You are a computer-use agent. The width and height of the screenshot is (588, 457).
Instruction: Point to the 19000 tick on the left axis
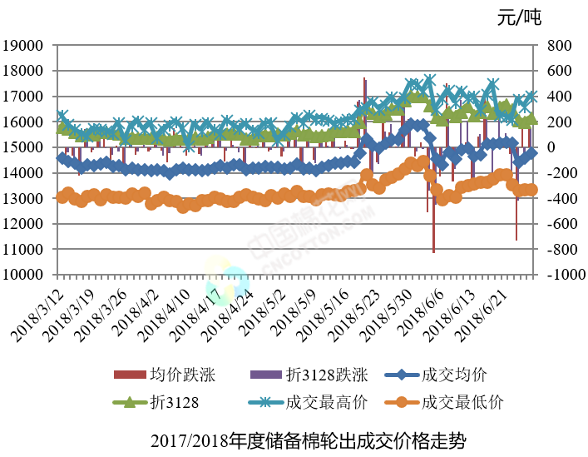pos(28,46)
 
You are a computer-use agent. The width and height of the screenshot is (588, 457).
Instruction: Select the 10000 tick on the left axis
pos(28,275)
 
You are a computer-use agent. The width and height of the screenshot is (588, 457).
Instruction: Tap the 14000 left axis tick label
pos(28,173)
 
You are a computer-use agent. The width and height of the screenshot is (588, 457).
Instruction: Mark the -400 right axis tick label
pos(558,199)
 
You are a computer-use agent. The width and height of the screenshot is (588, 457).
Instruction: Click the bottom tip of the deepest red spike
pos(433,251)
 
